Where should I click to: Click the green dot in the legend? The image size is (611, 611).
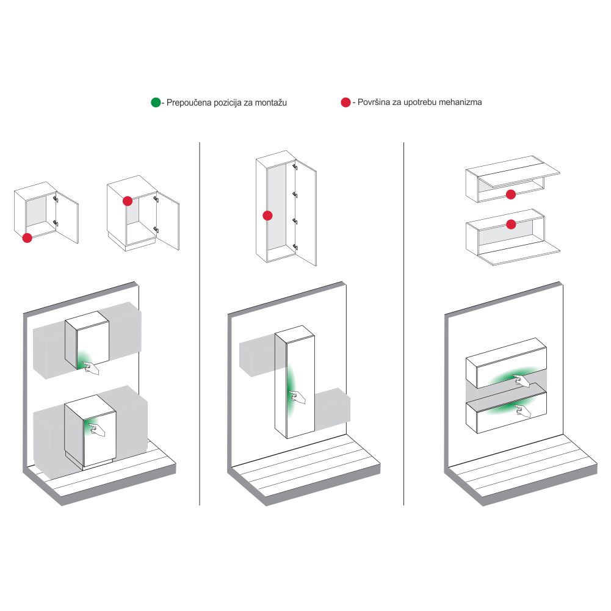point(156,103)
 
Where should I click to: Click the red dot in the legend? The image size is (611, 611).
point(345,103)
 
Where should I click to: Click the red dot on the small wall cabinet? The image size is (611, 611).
point(27,237)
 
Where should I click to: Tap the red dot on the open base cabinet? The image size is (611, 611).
point(128,201)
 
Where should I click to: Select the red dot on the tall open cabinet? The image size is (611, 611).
point(267,215)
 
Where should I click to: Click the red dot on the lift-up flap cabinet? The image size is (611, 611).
point(511,195)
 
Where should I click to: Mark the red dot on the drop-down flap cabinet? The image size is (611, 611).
point(511,224)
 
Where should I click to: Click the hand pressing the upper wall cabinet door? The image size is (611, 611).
point(91,368)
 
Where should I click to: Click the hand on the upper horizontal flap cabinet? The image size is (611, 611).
point(522,381)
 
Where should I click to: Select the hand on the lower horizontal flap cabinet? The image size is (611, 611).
point(522,411)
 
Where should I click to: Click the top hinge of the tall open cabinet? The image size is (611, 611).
point(295,167)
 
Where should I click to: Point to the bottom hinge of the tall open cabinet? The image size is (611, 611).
point(295,247)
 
